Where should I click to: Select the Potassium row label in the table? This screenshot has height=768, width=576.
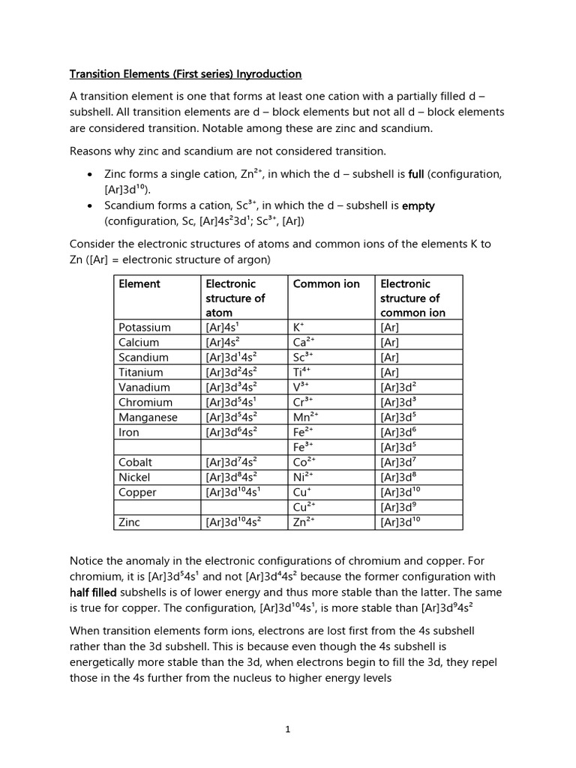click(x=145, y=327)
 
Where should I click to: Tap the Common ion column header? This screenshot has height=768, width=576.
click(x=326, y=283)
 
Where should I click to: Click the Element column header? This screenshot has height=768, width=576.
click(x=139, y=283)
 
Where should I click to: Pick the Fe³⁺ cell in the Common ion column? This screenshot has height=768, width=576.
click(x=303, y=447)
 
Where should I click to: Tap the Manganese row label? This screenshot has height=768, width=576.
click(x=148, y=417)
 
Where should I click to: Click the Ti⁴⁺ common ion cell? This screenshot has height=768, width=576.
click(x=303, y=372)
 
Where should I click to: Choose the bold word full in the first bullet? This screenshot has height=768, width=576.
click(x=416, y=174)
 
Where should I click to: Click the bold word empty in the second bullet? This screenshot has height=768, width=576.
click(x=418, y=205)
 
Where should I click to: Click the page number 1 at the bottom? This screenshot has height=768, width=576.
click(x=287, y=729)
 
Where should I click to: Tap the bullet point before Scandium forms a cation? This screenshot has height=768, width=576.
click(x=90, y=205)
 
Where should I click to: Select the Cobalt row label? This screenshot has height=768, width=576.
click(x=135, y=462)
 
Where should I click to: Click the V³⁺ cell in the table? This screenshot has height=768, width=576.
click(x=301, y=387)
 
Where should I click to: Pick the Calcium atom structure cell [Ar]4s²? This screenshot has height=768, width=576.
click(x=223, y=342)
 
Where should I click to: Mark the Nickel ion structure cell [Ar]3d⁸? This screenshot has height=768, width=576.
click(x=398, y=477)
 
